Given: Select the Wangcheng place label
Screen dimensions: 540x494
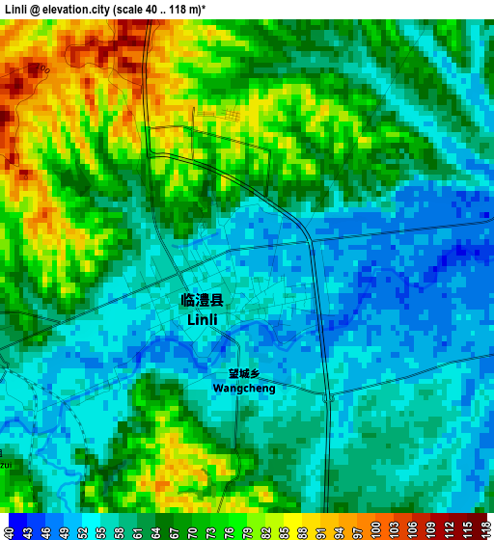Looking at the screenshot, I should click(243, 389).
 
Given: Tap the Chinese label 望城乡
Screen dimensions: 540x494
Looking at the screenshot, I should click(244, 374).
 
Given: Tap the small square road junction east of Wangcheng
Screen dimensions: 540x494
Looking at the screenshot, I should click(329, 396).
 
